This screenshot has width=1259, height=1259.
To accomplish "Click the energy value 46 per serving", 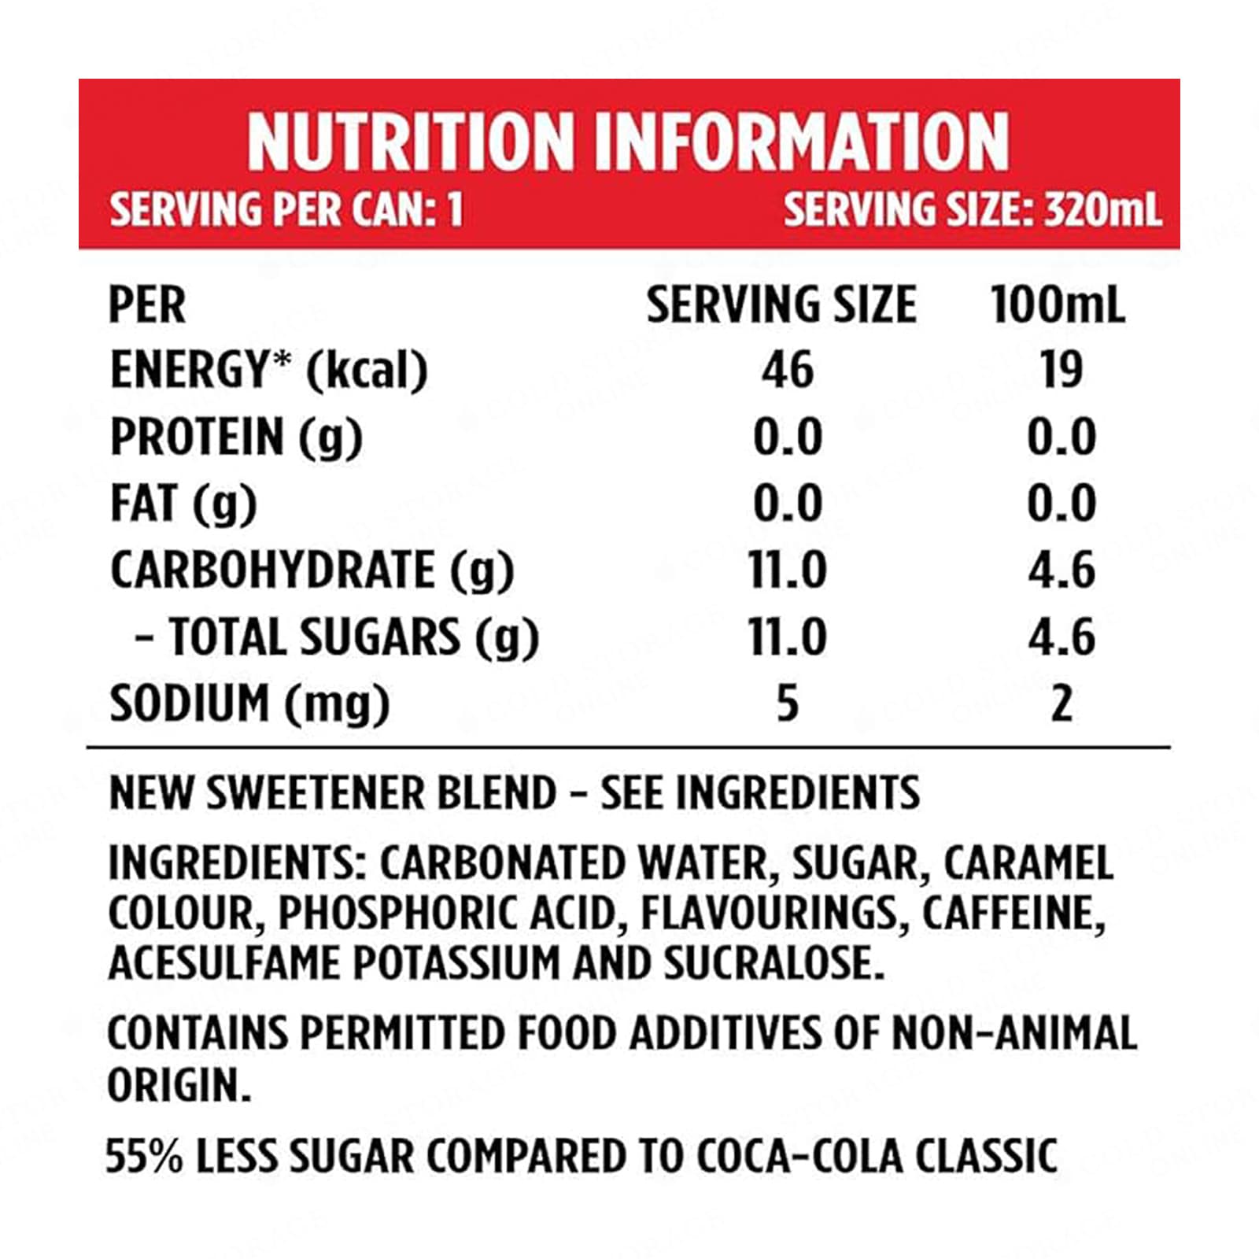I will pyautogui.click(x=787, y=370).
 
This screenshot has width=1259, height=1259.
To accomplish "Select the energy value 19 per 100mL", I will pyautogui.click(x=1061, y=370).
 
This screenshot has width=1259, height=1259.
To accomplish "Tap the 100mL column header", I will pyautogui.click(x=1057, y=305).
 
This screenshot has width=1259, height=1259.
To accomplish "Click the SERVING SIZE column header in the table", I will pyautogui.click(x=781, y=305).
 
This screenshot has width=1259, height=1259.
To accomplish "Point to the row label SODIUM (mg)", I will pyautogui.click(x=249, y=703).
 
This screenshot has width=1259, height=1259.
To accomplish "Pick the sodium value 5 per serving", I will pyautogui.click(x=787, y=703).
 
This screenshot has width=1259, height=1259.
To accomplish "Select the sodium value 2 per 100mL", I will pyautogui.click(x=1061, y=703).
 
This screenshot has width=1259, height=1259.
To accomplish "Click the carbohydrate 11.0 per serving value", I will pyautogui.click(x=787, y=570).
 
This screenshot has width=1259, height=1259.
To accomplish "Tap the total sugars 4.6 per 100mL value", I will pyautogui.click(x=1061, y=637).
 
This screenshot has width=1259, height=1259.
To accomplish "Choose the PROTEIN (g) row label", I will pyautogui.click(x=236, y=438).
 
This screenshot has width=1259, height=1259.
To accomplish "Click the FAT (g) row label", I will pyautogui.click(x=183, y=504).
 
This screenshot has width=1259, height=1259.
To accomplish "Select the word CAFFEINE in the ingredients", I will pyautogui.click(x=1013, y=914).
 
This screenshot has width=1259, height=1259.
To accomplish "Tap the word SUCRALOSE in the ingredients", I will pyautogui.click(x=773, y=963).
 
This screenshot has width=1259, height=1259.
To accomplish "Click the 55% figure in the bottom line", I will pyautogui.click(x=143, y=1156).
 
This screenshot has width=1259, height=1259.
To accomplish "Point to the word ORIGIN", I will pyautogui.click(x=178, y=1086).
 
